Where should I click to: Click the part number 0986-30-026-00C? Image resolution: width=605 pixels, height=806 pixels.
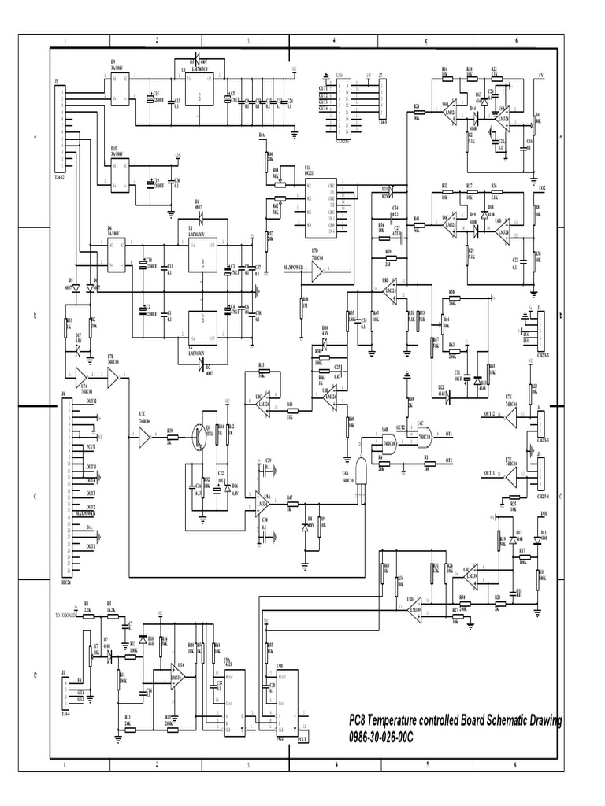click(x=380, y=736)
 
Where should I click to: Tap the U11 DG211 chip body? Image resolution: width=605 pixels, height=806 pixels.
click(x=321, y=207)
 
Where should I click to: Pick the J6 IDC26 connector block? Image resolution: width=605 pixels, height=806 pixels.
click(x=66, y=488)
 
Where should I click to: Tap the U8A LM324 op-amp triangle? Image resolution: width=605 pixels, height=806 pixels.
click(x=261, y=503)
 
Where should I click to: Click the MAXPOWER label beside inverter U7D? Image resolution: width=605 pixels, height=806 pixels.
click(x=293, y=268)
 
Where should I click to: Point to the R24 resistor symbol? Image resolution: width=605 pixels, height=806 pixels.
click(x=418, y=113)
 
